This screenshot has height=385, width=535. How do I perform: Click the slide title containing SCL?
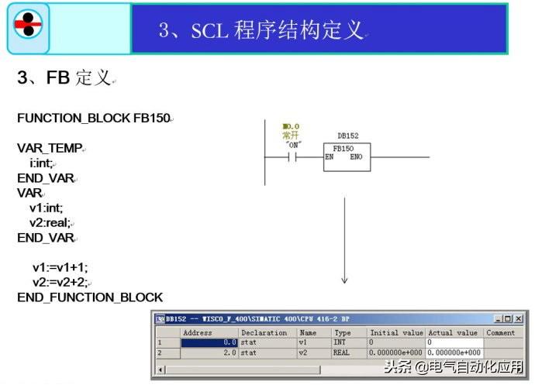coord(261,29)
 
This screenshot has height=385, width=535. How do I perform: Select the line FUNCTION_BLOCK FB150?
coord(94,118)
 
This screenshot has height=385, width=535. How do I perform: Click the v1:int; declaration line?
coord(47,208)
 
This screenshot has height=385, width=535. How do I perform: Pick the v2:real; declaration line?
coord(50,222)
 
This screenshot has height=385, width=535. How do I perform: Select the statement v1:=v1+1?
coord(60,267)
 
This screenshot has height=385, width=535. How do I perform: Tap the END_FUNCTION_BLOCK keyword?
coord(90,297)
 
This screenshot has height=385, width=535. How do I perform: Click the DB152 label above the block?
coord(347,136)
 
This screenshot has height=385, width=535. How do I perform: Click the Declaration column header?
coord(264,332)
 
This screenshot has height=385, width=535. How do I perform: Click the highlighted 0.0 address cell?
coord(209,342)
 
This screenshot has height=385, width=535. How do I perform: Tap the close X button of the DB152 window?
coord(519,318)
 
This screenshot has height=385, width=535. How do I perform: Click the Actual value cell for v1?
coord(454,342)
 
